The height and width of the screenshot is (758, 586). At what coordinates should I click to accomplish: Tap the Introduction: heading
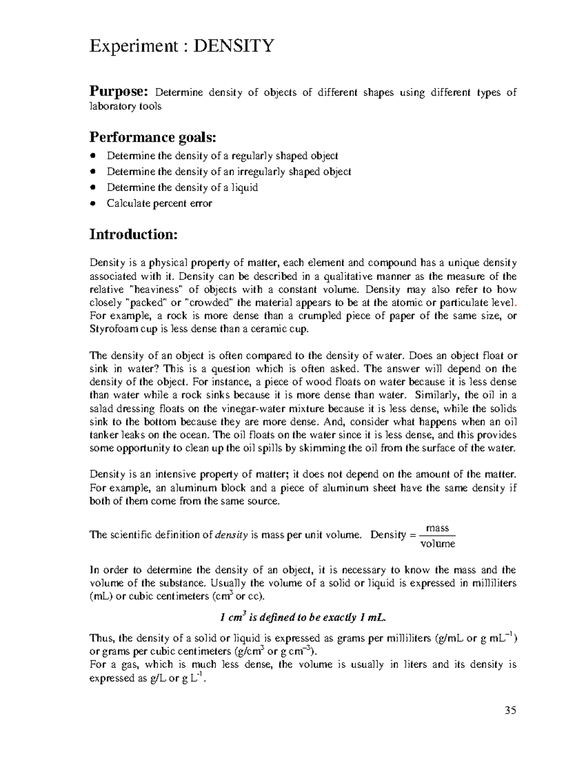133,234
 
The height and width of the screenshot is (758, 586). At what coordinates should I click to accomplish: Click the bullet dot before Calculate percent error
94,204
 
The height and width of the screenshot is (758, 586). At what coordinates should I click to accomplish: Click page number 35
510,710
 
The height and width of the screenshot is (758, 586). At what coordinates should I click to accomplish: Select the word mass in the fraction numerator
437,528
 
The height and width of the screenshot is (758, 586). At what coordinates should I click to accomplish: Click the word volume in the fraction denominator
438,543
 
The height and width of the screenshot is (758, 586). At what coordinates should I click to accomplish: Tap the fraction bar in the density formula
438,536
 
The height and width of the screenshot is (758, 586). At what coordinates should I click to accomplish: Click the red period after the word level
516,303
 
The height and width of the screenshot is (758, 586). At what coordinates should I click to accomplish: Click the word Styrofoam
111,329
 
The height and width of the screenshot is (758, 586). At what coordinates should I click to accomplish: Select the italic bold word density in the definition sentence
231,535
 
